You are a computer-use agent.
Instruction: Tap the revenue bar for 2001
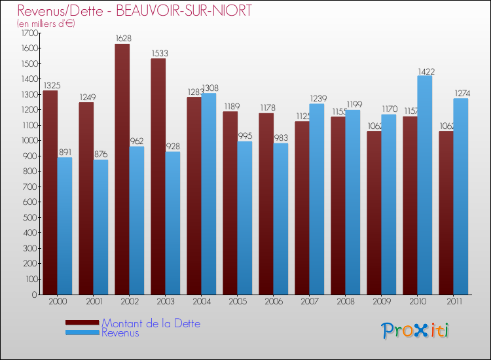coord(100,227)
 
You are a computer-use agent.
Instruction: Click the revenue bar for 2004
coord(208,194)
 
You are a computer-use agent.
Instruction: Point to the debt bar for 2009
coord(374,213)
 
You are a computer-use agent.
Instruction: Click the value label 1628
coord(122,39)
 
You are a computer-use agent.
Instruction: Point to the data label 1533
coord(158,54)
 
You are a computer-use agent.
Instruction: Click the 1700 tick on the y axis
coord(30,33)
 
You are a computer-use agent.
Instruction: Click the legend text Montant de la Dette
coord(151,323)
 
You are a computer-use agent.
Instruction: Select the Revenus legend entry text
coord(120,333)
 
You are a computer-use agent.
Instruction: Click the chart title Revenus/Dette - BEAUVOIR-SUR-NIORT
coord(134,11)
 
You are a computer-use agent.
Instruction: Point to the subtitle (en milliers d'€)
coord(46,24)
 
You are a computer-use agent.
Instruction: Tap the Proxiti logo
coord(415,331)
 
